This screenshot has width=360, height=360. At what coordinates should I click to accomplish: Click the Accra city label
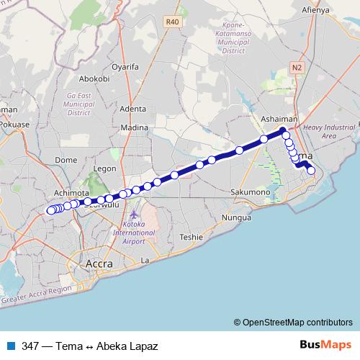(x=99, y=264)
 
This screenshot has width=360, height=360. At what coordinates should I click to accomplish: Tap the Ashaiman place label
(x=279, y=120)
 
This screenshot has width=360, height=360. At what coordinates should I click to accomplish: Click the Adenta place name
(x=133, y=109)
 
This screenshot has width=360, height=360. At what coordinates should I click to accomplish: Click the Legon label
(x=105, y=168)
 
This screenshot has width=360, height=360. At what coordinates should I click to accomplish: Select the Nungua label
(x=236, y=216)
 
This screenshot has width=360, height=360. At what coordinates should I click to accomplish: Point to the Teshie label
(x=192, y=236)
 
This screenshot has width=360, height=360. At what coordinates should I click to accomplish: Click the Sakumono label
(x=250, y=192)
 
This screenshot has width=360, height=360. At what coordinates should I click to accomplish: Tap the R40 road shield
(x=172, y=22)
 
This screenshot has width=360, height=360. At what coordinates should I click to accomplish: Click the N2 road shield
(x=297, y=67)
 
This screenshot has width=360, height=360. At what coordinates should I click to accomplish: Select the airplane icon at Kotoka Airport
(x=133, y=215)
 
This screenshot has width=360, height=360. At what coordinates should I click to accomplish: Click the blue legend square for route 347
(x=11, y=346)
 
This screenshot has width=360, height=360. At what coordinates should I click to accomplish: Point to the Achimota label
(x=73, y=193)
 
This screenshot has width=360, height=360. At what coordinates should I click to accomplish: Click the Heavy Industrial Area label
(x=329, y=131)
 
